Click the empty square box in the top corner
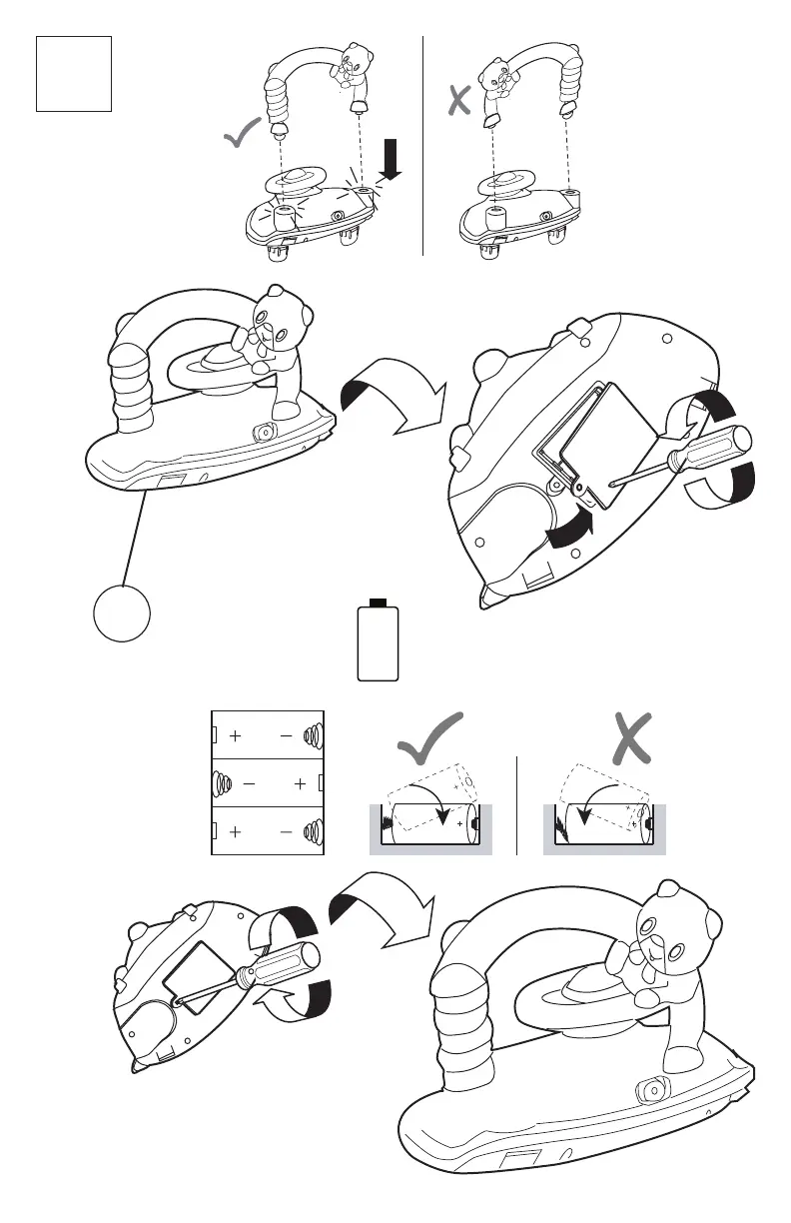pos(73,73)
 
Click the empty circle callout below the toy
pos(123,611)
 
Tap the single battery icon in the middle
pos(379,641)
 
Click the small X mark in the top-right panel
pos(458,103)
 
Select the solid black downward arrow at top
pos(390,161)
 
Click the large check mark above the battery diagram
pos(429,738)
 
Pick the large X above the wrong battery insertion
pos(631,739)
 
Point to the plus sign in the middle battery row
pos(300,785)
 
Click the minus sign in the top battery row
pos(288,736)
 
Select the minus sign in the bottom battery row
pos(288,832)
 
